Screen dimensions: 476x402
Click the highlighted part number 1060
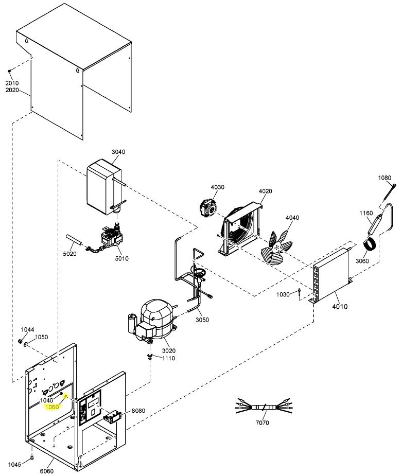coord(53,407)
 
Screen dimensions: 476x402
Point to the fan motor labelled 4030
coord(209,208)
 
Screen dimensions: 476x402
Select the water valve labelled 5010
coord(113,239)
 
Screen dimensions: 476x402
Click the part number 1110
coord(169,358)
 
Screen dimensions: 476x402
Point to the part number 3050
coord(202,320)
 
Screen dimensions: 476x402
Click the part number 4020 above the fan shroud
coord(265,191)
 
